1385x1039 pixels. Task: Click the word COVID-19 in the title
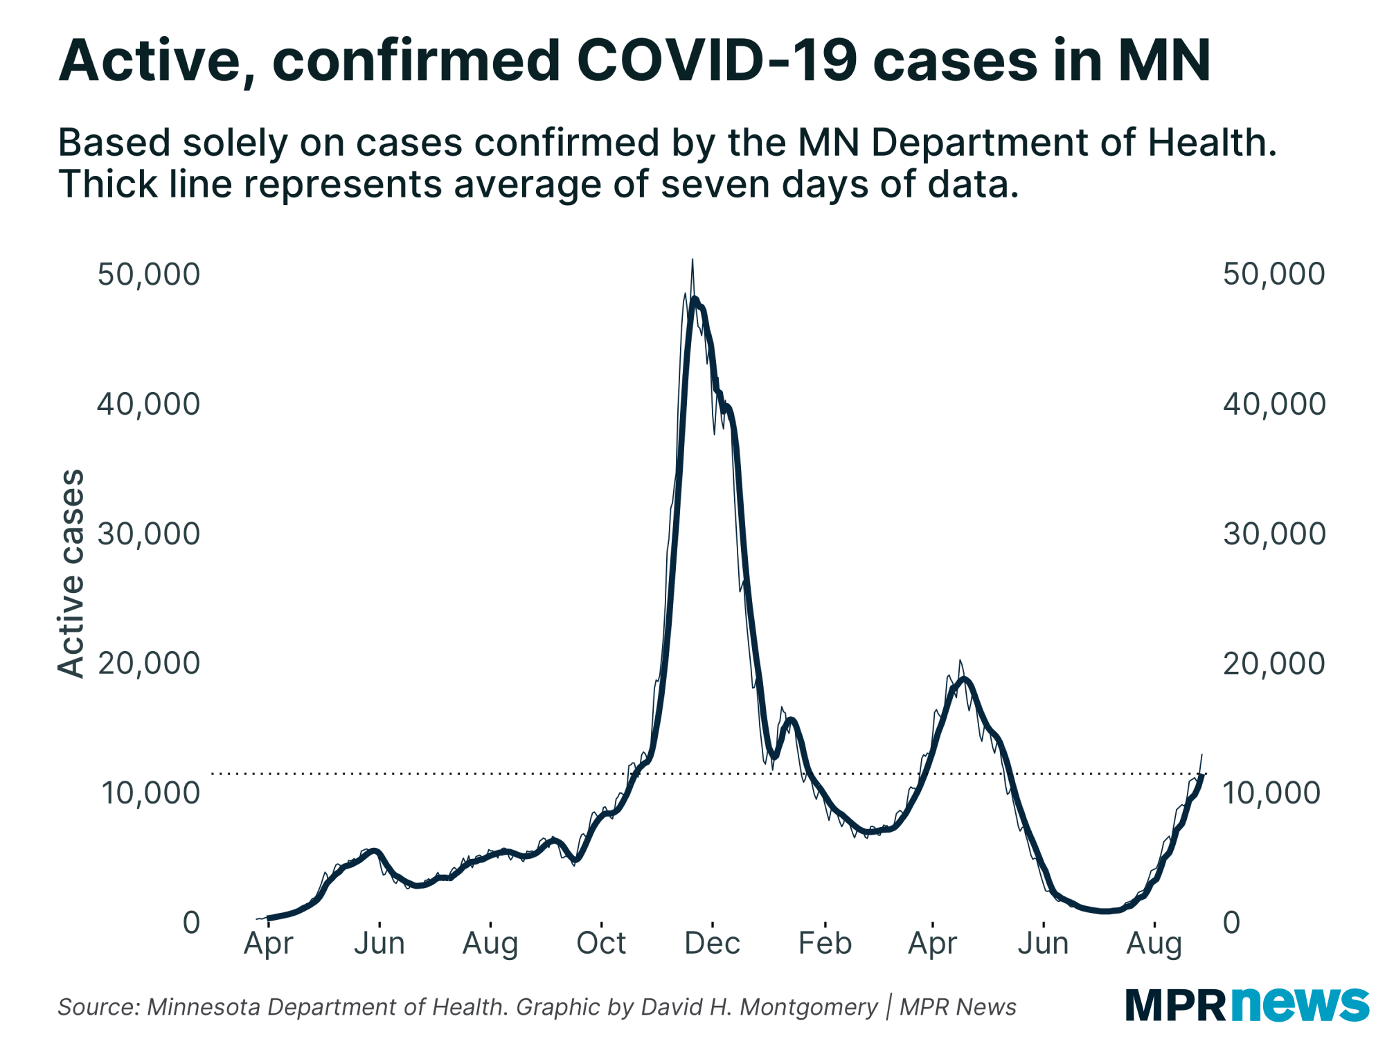pos(717,61)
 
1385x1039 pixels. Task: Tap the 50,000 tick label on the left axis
pos(148,274)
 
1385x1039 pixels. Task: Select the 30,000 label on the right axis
pos(1274,533)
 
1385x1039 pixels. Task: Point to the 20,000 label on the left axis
pos(148,664)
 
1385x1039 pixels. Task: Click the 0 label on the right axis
pos(1232,923)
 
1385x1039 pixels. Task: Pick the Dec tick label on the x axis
pos(712,943)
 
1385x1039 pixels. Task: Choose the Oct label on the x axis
pos(601,943)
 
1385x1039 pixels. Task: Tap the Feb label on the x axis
pos(824,943)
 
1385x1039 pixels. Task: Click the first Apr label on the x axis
pos(269,943)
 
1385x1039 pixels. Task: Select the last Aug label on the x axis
pos(1154,943)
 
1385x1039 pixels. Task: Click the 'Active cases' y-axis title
pos(71,574)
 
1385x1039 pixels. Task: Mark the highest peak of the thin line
pos(692,260)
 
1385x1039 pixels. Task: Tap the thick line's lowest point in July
pos(1106,912)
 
